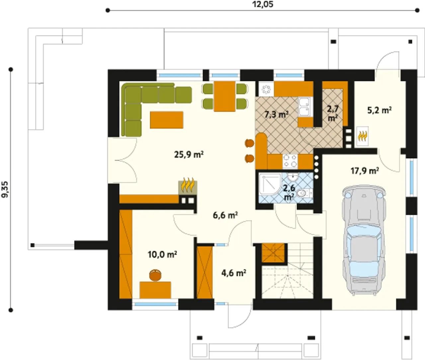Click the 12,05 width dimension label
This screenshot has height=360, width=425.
[x=263, y=4]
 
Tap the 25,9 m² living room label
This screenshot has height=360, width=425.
[x=189, y=154]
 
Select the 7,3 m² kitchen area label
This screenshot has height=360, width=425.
[x=277, y=115]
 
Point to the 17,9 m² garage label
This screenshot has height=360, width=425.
[x=365, y=171]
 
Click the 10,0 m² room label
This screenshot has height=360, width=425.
[x=162, y=254]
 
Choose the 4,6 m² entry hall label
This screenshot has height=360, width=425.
[x=234, y=273]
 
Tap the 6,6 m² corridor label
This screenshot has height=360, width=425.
[x=225, y=215]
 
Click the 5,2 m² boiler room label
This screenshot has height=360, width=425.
[x=380, y=111]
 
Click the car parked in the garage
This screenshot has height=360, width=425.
[x=363, y=241]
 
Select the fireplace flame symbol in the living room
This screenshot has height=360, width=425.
[x=188, y=185]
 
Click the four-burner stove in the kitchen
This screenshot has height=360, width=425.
[x=290, y=161]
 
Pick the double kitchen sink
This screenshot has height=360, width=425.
[x=305, y=107]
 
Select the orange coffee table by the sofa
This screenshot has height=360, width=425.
[x=167, y=120]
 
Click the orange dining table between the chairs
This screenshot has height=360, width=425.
[x=224, y=96]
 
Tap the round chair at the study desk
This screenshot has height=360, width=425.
[x=155, y=275]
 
